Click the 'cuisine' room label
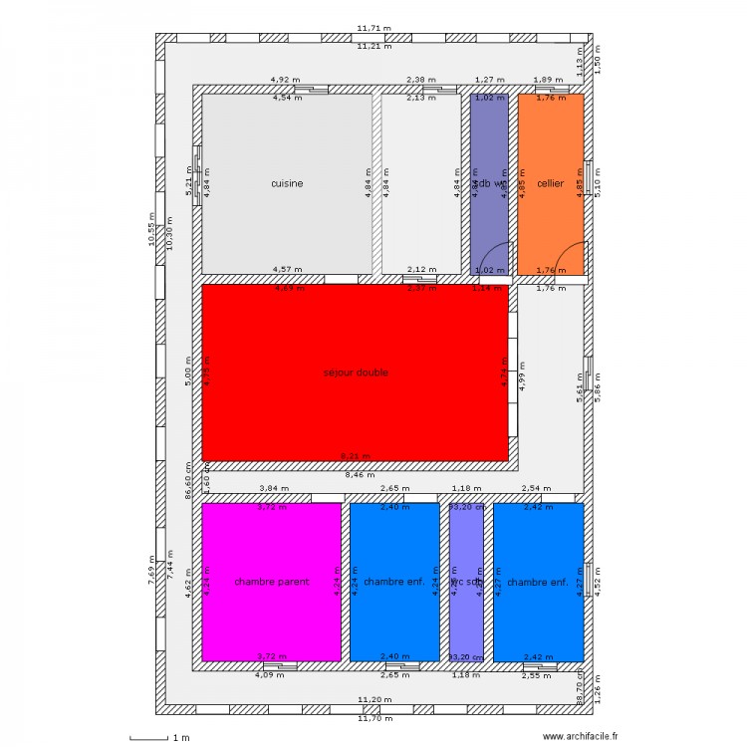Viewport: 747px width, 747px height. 287,183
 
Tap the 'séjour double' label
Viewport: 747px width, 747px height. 356,373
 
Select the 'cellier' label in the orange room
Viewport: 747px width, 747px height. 550,183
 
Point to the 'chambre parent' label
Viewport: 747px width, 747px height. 272,582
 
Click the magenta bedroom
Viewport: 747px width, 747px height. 272,618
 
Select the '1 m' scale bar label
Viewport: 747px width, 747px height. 180,738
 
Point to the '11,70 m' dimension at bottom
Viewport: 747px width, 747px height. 374,717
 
